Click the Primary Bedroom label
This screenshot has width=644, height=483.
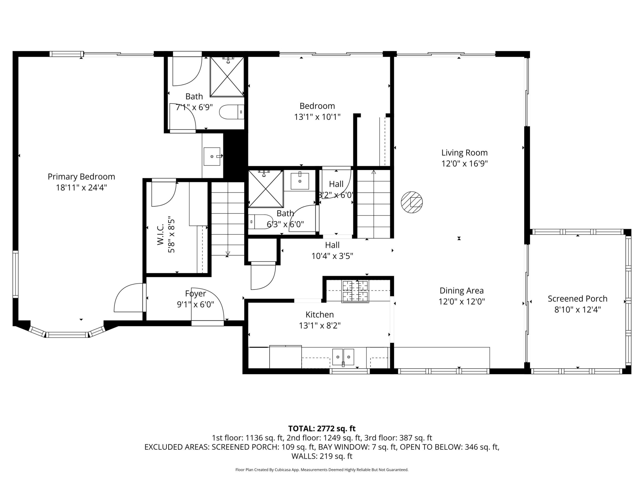click(81, 177)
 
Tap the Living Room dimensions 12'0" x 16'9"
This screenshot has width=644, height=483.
click(464, 164)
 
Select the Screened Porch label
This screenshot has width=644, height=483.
click(578, 299)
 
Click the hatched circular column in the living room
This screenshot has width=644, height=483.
click(412, 202)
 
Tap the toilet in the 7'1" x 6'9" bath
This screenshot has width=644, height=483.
click(231, 112)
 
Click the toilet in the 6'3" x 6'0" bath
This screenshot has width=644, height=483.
click(260, 222)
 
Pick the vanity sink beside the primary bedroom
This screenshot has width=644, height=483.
click(212, 156)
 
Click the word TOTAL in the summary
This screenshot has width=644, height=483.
click(301, 429)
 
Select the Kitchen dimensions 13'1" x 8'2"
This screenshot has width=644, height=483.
click(320, 326)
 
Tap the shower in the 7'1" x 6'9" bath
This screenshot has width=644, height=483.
click(227, 76)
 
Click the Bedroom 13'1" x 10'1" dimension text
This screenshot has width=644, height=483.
click(317, 117)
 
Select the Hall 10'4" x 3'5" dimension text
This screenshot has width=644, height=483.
click(332, 256)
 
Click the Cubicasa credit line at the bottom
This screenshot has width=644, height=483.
click(322, 470)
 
